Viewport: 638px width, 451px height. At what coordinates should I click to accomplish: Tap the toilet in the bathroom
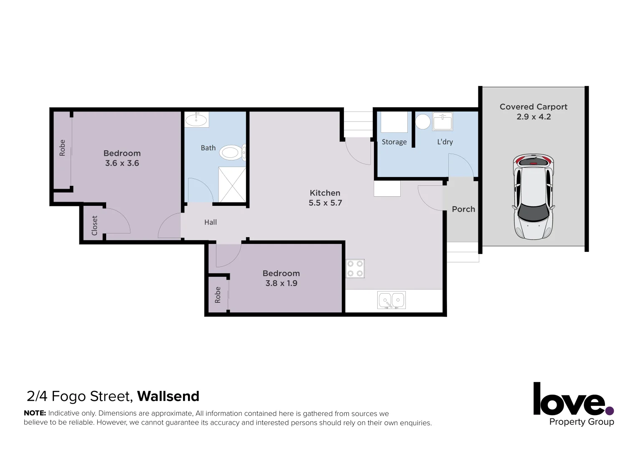[231, 152]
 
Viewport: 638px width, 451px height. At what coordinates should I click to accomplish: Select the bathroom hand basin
[196, 120]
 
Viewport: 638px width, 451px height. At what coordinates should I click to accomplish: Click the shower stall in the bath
[232, 184]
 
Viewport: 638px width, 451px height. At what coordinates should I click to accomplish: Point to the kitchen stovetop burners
[355, 269]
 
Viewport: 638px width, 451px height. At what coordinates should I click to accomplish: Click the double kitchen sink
[391, 300]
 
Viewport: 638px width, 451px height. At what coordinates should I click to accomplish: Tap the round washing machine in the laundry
[423, 122]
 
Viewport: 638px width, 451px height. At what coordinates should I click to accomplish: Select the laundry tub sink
[442, 122]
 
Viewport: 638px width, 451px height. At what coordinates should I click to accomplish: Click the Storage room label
[394, 142]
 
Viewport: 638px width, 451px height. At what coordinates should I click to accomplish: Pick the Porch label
[463, 209]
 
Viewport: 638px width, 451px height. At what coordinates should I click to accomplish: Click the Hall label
[211, 222]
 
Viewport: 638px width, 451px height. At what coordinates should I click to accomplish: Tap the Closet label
[94, 225]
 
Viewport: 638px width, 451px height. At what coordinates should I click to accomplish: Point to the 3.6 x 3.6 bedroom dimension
[122, 163]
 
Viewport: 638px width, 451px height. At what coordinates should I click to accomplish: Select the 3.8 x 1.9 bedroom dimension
[281, 283]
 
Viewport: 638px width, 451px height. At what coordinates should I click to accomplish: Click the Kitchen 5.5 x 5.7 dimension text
[325, 203]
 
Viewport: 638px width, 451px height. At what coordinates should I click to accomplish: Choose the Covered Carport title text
[533, 107]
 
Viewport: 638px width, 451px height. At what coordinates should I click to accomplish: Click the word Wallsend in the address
[168, 396]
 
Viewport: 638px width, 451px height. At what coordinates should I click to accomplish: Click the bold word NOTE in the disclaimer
[35, 413]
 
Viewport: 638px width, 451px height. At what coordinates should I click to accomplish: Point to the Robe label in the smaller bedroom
[218, 295]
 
